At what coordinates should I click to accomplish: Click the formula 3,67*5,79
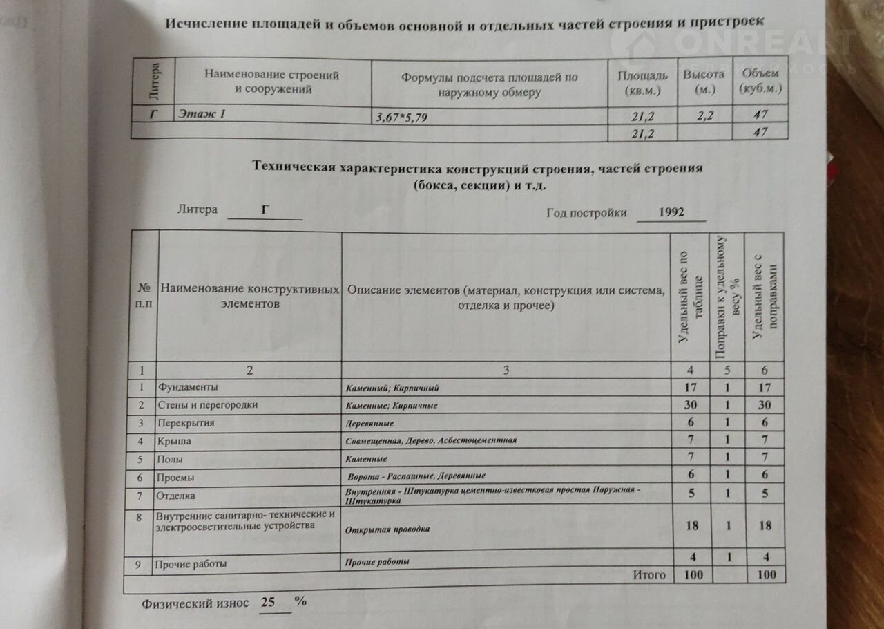click(x=401, y=118)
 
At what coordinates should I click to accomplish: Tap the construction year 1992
click(x=671, y=212)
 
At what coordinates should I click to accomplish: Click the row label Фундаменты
click(x=187, y=387)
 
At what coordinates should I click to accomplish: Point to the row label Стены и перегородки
click(x=207, y=405)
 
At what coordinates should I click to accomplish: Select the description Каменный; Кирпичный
click(x=392, y=388)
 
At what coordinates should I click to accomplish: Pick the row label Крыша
click(x=174, y=441)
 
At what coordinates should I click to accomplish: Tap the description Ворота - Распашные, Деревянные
click(x=416, y=476)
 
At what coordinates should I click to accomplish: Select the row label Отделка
click(x=176, y=496)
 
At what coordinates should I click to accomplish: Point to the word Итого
click(x=649, y=574)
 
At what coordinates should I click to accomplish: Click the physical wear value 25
click(x=267, y=602)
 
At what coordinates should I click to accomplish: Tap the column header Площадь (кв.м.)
click(x=642, y=82)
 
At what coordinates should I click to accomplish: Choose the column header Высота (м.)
click(x=704, y=81)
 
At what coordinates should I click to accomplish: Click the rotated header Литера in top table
click(x=155, y=79)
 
